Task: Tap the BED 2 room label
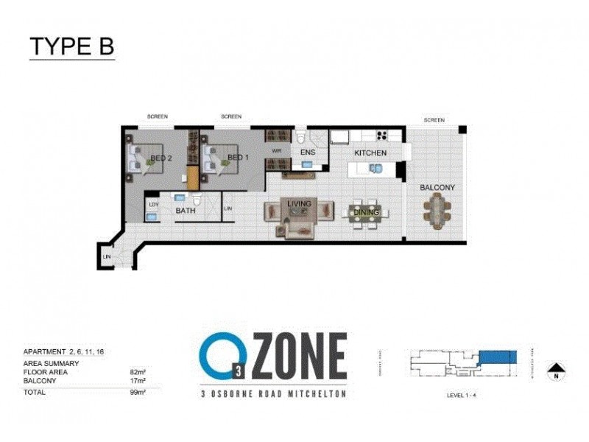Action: (x=161, y=158)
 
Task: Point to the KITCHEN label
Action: (x=370, y=152)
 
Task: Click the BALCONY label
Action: (x=437, y=188)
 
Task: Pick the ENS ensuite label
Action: (x=308, y=152)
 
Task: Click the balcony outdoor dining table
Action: (x=437, y=211)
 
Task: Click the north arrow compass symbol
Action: (x=557, y=370)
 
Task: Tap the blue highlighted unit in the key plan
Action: (x=498, y=357)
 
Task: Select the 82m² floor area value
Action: (x=138, y=373)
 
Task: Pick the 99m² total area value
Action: (x=138, y=393)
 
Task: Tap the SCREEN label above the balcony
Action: (x=434, y=119)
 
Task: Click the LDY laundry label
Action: (x=154, y=204)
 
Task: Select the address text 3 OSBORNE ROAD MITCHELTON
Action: (x=273, y=394)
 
